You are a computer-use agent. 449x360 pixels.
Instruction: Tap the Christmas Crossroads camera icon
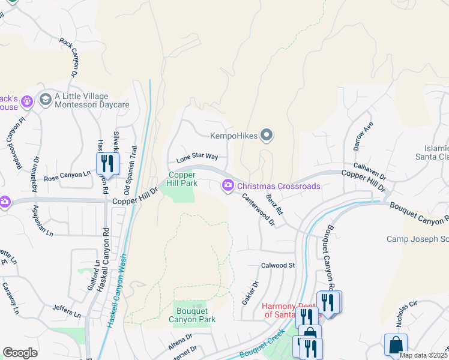click(228, 187)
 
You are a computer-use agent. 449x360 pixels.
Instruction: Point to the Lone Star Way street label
click(197, 158)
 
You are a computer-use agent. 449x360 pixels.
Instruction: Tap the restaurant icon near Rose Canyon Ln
click(107, 163)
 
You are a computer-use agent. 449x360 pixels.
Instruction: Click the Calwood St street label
click(279, 265)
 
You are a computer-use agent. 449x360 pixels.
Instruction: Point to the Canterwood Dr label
click(259, 209)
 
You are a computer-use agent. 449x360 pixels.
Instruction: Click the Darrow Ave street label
click(363, 136)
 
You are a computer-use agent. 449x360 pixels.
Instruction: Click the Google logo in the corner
click(20, 353)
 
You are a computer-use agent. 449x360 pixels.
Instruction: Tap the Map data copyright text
click(424, 355)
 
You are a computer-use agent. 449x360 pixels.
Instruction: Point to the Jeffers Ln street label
click(66, 310)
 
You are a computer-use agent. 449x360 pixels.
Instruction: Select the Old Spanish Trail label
click(128, 171)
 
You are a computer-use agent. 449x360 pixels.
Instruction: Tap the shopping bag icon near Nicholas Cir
click(396, 345)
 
